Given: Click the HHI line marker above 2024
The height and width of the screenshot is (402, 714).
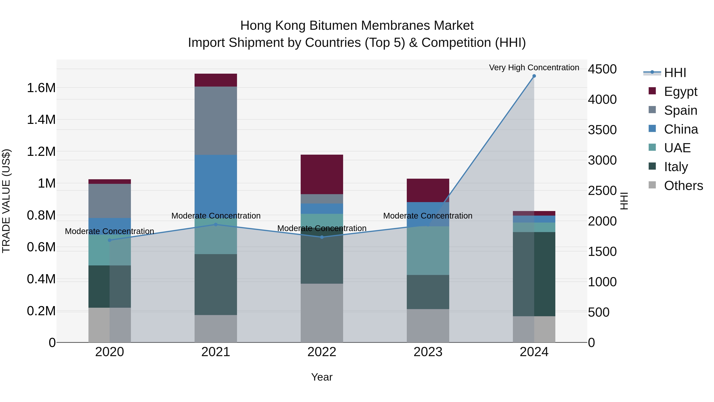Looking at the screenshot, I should pos(534,76).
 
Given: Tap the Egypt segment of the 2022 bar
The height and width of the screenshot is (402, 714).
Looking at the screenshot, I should pos(322,174).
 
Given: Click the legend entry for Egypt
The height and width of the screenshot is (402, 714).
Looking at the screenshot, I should pos(680,92).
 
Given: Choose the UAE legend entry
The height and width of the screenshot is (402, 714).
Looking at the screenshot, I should pos(677,148).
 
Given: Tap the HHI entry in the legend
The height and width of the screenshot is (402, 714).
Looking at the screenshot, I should pos(675,73).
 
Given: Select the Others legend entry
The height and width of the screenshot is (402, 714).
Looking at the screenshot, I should pos(683,186).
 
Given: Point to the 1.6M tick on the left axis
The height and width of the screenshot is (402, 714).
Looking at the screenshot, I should pos(41,88).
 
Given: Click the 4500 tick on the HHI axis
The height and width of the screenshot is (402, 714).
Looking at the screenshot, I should pos(602,69).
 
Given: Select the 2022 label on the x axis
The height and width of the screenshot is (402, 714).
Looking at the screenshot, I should pos(322,352).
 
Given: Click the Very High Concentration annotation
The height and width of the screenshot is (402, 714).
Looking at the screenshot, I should pos(534,67).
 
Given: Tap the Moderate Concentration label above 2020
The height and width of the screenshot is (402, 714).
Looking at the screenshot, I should pos(109,231).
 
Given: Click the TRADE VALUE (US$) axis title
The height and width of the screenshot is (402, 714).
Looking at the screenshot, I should pos(6,201).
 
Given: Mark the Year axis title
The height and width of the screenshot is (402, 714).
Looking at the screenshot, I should pos(322,377).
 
